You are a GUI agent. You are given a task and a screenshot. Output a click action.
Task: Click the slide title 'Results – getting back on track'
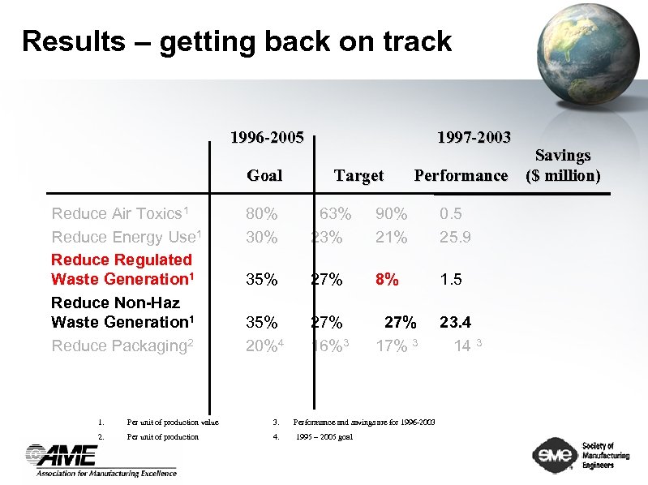(x=236, y=41)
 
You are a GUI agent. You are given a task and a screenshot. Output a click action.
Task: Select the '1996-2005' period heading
(x=267, y=137)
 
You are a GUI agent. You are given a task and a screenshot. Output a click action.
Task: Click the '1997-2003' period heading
(x=473, y=137)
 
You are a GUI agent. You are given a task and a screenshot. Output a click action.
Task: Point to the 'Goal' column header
(x=264, y=175)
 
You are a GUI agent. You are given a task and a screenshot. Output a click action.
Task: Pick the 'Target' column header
(x=358, y=175)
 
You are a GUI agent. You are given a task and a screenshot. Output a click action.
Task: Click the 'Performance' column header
(x=461, y=175)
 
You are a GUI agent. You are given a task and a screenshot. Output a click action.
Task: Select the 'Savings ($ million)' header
(x=563, y=165)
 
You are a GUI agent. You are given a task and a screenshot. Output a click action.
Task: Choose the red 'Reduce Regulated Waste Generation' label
(x=123, y=269)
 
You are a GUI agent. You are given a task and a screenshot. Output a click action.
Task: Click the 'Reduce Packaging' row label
(x=122, y=346)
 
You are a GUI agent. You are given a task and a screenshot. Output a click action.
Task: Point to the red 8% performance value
(x=386, y=279)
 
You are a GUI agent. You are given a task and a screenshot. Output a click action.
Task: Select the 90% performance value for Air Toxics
(x=391, y=214)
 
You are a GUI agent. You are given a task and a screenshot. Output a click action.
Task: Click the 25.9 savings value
(x=455, y=238)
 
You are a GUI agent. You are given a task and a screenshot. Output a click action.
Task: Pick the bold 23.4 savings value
(x=455, y=322)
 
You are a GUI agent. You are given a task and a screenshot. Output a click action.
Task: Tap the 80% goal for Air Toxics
(x=262, y=214)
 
